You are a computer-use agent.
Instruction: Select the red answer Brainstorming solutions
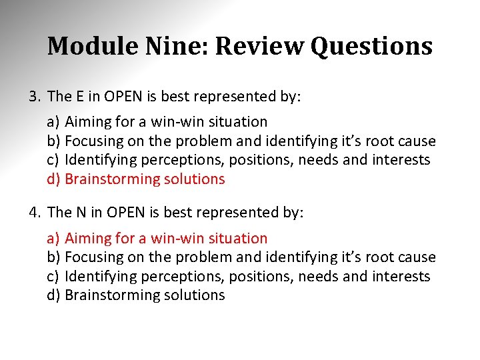[145, 179]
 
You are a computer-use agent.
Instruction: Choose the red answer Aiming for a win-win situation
[166, 238]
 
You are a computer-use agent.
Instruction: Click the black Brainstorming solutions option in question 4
[145, 295]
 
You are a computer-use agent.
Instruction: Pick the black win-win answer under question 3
[166, 122]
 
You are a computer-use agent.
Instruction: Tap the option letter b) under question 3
[53, 141]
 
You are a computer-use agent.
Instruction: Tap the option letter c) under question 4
[53, 276]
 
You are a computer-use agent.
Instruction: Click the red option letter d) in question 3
[53, 179]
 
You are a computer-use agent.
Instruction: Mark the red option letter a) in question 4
[53, 238]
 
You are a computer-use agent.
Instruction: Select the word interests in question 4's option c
[403, 276]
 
